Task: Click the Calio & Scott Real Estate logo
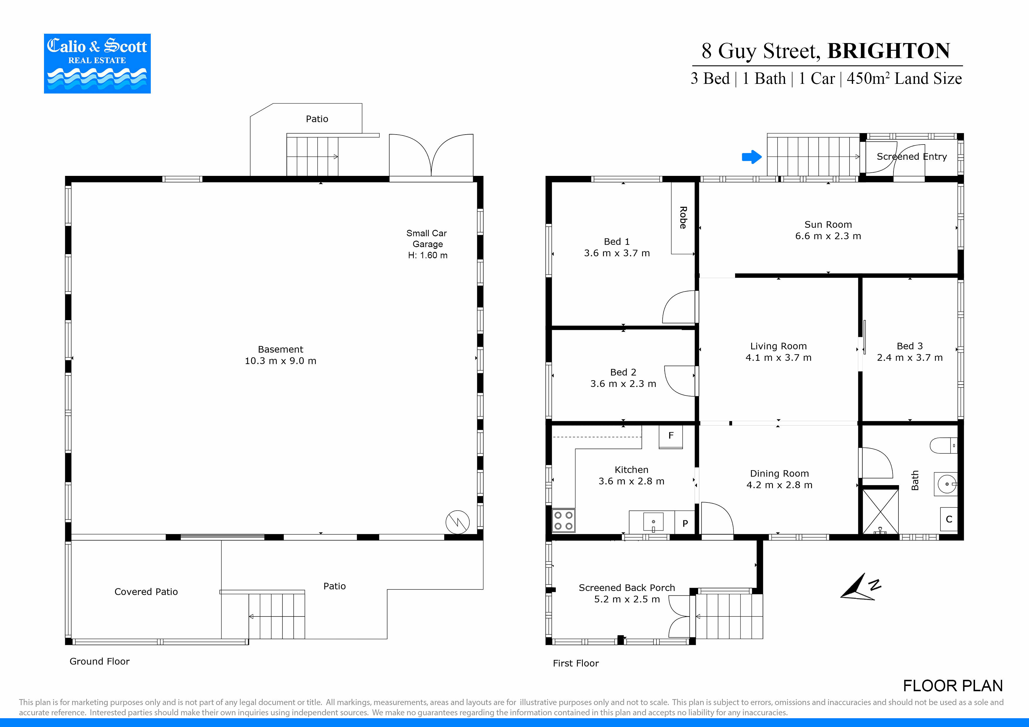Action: coord(97,64)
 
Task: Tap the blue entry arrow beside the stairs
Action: coord(752,157)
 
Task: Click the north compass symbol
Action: coord(859,587)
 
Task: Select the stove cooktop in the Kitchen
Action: coord(563,521)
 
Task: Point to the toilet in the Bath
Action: coord(943,446)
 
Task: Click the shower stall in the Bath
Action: coord(880,511)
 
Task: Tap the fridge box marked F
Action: coord(671,436)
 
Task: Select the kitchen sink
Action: coord(653,522)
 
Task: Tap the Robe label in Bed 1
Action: coord(683,218)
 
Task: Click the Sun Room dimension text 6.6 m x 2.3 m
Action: coord(828,236)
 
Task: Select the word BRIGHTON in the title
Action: coord(888,51)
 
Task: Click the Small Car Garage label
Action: coord(427,244)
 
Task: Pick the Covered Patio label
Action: coord(146,592)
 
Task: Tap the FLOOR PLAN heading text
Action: coord(952,686)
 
